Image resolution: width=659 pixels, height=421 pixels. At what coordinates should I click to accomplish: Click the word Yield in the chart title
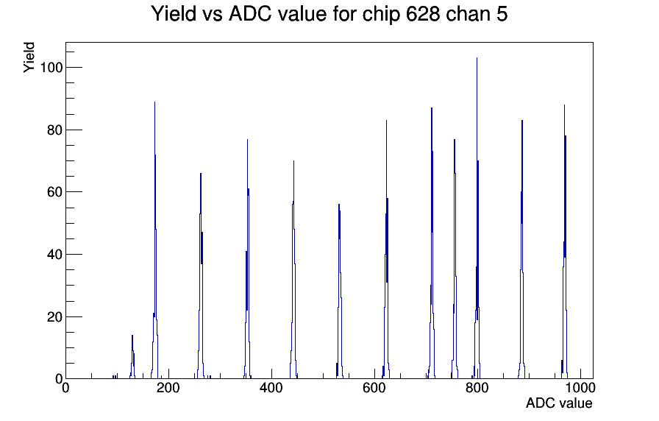pyautogui.click(x=173, y=14)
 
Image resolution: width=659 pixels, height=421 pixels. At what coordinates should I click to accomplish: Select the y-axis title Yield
pyautogui.click(x=29, y=57)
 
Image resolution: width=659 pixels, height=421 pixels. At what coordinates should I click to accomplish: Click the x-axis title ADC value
pyautogui.click(x=559, y=403)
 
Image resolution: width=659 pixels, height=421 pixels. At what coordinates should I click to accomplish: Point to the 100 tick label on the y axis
pyautogui.click(x=51, y=67)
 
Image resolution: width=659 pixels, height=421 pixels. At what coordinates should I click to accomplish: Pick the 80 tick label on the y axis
pyautogui.click(x=54, y=130)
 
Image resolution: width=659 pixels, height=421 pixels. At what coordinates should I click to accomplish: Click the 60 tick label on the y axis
pyautogui.click(x=54, y=192)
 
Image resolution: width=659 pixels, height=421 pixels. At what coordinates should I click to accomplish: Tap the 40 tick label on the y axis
pyautogui.click(x=54, y=255)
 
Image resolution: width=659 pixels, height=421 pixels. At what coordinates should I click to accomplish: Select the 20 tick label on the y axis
pyautogui.click(x=54, y=316)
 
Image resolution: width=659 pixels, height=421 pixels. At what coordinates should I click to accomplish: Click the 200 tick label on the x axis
pyautogui.click(x=168, y=387)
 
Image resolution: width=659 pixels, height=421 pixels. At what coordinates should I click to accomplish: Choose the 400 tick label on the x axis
pyautogui.click(x=271, y=387)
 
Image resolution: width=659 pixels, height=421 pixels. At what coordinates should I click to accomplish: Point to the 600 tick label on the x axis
pyautogui.click(x=374, y=387)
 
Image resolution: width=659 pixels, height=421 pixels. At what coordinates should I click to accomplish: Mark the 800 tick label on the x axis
pyautogui.click(x=477, y=387)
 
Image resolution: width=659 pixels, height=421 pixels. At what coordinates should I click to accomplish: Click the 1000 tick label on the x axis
pyautogui.click(x=580, y=387)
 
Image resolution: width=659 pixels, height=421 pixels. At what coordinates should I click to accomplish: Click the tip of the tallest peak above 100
pyautogui.click(x=477, y=57)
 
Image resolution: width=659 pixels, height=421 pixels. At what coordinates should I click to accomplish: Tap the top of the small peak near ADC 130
pyautogui.click(x=132, y=335)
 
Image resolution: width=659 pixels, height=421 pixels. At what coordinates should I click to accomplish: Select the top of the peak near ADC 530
pyautogui.click(x=338, y=204)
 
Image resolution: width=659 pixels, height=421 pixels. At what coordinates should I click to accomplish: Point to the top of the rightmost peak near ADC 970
pyautogui.click(x=564, y=105)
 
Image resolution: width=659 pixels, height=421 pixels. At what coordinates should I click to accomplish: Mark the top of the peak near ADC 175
pyautogui.click(x=154, y=102)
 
